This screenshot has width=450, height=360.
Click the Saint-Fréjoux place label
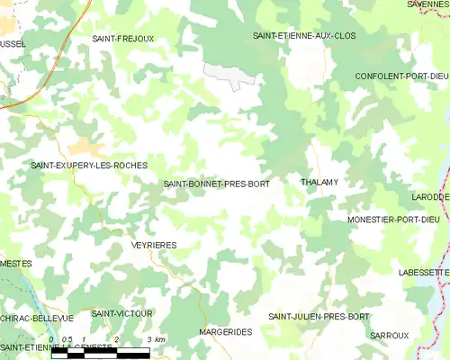pyautogui.click(x=123, y=39)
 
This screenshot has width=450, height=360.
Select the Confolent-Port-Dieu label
pyautogui.click(x=401, y=76)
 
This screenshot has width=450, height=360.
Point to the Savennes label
pyautogui.click(x=427, y=4)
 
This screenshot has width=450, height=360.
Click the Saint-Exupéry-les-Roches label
pyautogui.click(x=89, y=166)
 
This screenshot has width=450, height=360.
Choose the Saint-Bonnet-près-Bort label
pyautogui.click(x=216, y=184)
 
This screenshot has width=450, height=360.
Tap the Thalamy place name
pyautogui.click(x=319, y=182)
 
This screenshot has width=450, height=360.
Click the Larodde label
pyautogui.click(x=431, y=196)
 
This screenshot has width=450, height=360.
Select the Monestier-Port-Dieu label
pyautogui.click(x=398, y=220)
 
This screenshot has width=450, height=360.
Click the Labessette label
pyautogui.click(x=424, y=272)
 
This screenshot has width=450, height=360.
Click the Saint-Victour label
pyautogui.click(x=121, y=313)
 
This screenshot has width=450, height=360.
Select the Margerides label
pyautogui.click(x=225, y=332)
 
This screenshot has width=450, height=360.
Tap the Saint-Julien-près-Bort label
pyautogui.click(x=319, y=317)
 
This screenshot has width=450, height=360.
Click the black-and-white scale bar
pyautogui.click(x=100, y=352)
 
